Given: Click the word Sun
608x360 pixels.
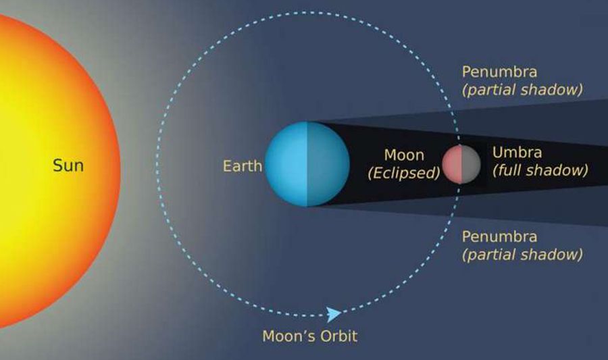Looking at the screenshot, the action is tap(68, 165).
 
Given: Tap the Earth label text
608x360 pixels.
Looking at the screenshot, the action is tap(243, 166).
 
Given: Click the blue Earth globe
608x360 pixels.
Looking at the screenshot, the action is tap(307, 164).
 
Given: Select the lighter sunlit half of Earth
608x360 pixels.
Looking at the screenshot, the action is tap(286, 164).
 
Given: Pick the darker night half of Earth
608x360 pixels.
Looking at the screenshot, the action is tap(328, 164).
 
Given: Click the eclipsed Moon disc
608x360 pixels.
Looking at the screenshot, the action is tap(461, 164).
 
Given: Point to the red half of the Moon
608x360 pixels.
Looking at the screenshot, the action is tap(452, 164).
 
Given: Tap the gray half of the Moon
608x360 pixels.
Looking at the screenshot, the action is tap(471, 164).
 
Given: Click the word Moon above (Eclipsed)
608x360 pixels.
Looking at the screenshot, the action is tap(404, 155).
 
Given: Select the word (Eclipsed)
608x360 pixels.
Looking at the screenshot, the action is tap(404, 173).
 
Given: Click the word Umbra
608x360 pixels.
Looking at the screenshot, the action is tap(517, 152).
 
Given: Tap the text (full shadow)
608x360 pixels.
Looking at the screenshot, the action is tap(540, 170).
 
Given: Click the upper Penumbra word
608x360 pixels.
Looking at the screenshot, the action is tap(499, 72).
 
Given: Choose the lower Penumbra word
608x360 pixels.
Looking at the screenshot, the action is tap(499, 236).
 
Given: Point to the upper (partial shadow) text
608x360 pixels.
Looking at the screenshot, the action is tap(522, 90).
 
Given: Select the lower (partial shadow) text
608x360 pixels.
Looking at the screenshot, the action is tap(522, 255).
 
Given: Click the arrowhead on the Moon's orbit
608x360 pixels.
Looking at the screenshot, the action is tap(334, 314).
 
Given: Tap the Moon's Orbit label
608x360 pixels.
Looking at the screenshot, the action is tap(310, 336).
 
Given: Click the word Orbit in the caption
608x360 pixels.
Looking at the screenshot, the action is tap(338, 336).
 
